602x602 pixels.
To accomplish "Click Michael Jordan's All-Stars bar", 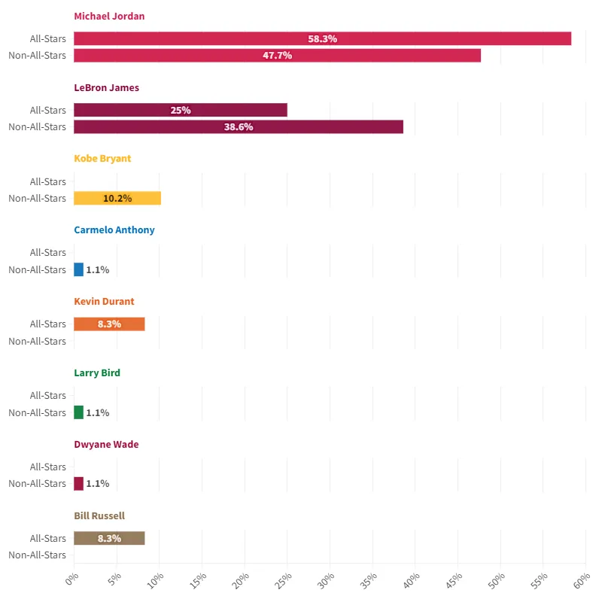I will point(322,38).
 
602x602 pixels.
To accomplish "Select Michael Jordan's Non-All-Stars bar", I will point(277,55).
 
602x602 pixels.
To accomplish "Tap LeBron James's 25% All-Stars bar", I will point(181,110).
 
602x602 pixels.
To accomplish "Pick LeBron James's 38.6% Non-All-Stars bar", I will point(239,126).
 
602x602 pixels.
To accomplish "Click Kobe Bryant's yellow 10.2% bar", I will point(117,198).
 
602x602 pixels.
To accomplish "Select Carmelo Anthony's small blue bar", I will point(79,269).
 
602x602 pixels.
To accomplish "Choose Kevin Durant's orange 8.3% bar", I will point(109,324).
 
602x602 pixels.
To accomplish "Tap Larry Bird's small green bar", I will point(79,412).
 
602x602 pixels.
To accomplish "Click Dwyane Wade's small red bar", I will point(79,483).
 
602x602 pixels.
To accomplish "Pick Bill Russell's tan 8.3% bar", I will point(109,538).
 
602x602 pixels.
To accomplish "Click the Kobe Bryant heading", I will point(102,159).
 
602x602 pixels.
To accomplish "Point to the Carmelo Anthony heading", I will point(114,230).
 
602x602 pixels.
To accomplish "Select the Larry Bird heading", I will point(97,372).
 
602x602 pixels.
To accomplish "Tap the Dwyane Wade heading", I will point(106,444).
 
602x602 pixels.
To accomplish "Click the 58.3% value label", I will point(322,38).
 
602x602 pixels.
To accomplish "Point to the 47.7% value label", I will point(277,55).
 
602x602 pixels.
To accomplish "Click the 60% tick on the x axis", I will point(581,581).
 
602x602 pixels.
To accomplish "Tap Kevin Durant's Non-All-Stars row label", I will point(38,341).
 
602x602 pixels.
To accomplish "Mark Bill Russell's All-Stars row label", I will point(48,538).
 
